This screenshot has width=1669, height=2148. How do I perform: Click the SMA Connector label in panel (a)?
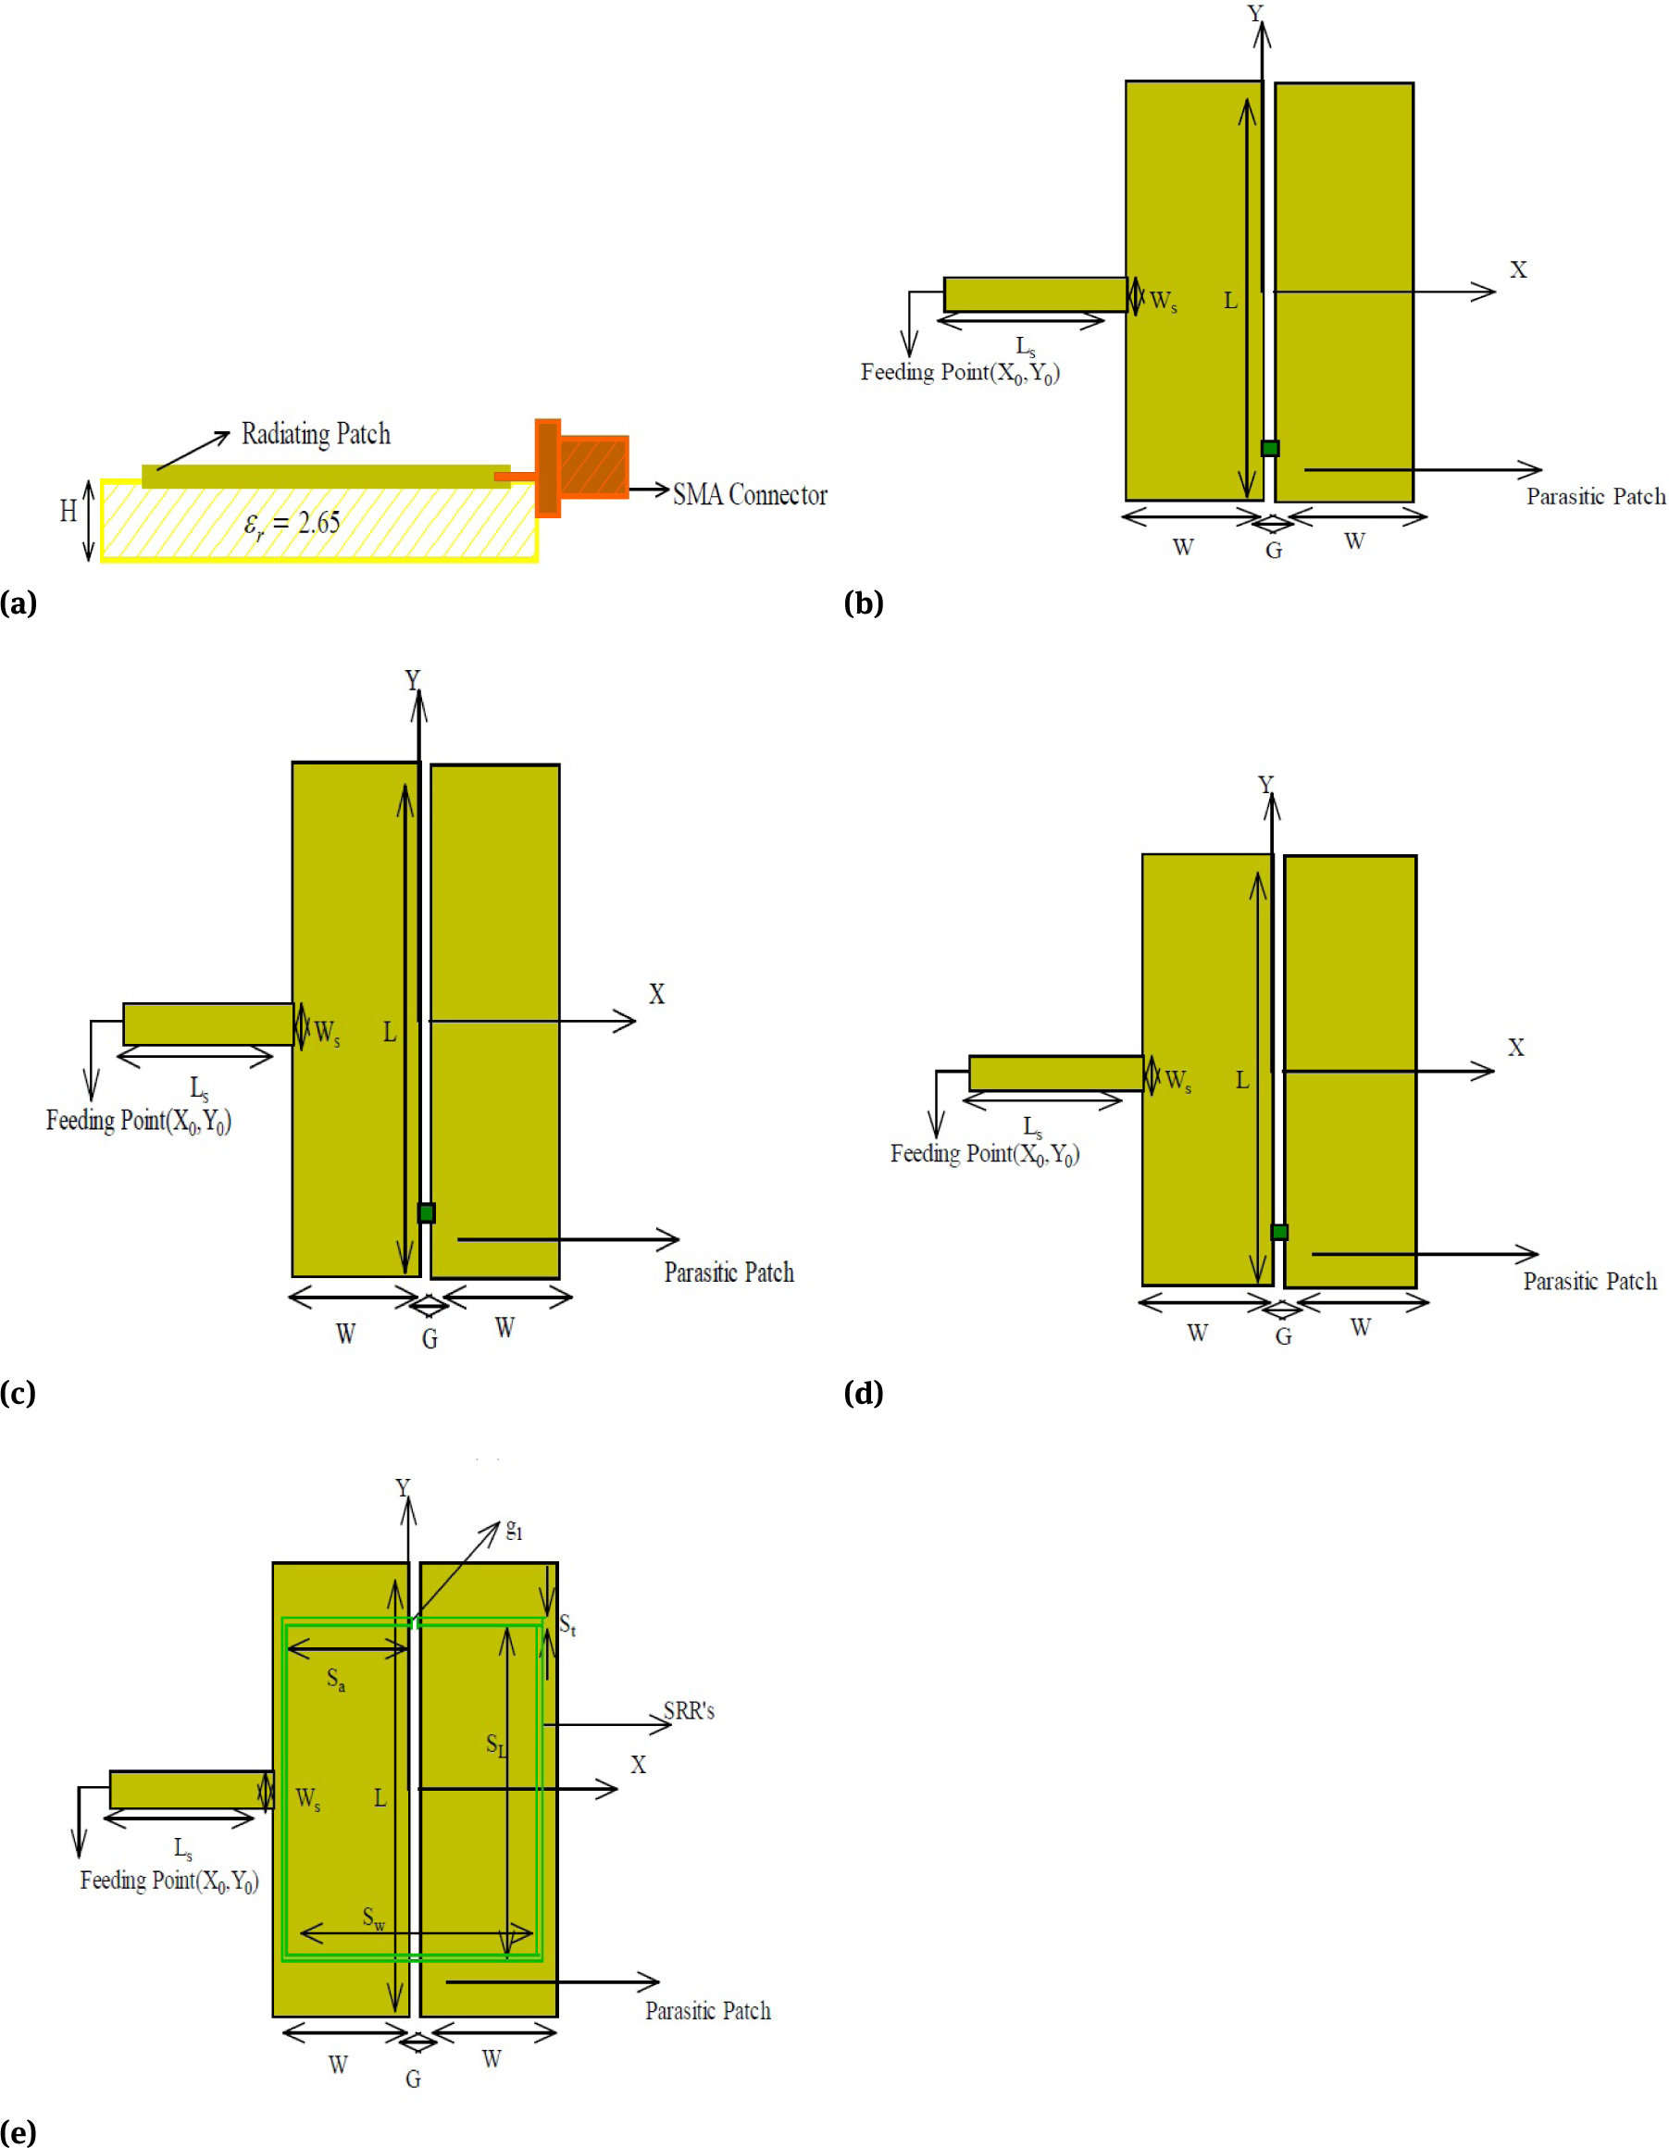pyautogui.click(x=750, y=495)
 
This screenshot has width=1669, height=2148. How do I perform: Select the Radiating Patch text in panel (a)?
pyautogui.click(x=316, y=434)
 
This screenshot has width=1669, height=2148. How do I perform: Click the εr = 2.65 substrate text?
pyautogui.click(x=293, y=523)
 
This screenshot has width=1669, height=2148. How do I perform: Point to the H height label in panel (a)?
pyautogui.click(x=68, y=512)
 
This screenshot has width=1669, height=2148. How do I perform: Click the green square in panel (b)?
pyautogui.click(x=1270, y=449)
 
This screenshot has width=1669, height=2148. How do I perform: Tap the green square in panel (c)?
pyautogui.click(x=426, y=1212)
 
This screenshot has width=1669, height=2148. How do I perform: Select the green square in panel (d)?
pyautogui.click(x=1279, y=1233)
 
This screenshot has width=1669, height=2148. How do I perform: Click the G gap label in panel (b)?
pyautogui.click(x=1274, y=551)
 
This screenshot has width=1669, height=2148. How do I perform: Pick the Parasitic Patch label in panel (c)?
pyautogui.click(x=729, y=1273)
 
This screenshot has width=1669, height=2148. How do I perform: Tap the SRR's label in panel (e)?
pyautogui.click(x=689, y=1711)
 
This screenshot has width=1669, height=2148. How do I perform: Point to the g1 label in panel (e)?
pyautogui.click(x=515, y=1531)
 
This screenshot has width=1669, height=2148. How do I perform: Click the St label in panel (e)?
pyautogui.click(x=567, y=1625)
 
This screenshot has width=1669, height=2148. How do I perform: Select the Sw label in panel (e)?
pyautogui.click(x=374, y=1917)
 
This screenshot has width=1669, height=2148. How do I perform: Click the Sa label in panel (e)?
pyautogui.click(x=335, y=1679)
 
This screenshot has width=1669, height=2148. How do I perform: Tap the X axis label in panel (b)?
pyautogui.click(x=1518, y=270)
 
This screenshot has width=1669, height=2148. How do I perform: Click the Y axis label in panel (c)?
pyautogui.click(x=412, y=679)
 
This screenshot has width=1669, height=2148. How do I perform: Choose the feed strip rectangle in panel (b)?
pyautogui.click(x=1035, y=294)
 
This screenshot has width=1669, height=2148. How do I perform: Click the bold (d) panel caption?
pyautogui.click(x=864, y=1393)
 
